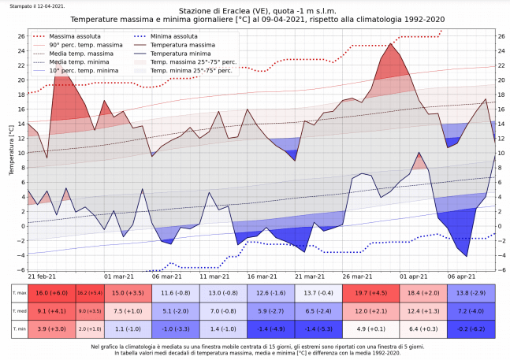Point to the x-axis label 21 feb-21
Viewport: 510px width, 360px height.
(42, 277)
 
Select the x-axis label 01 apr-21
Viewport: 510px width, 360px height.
(413, 277)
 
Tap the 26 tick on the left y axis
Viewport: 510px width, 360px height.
(20, 36)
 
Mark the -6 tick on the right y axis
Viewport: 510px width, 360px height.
(501, 270)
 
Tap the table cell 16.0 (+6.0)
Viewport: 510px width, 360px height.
(52, 292)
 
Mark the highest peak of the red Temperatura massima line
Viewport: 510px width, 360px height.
(391, 44)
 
